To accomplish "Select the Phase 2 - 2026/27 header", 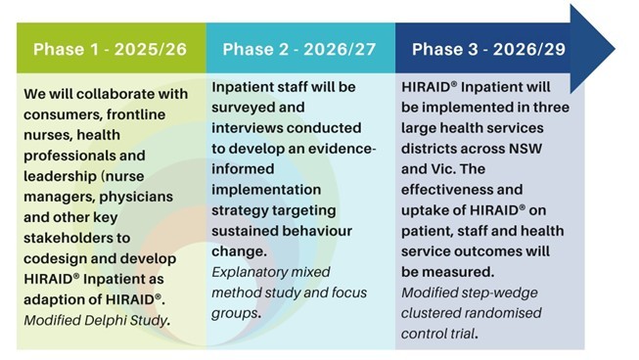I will tap(300, 49).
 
